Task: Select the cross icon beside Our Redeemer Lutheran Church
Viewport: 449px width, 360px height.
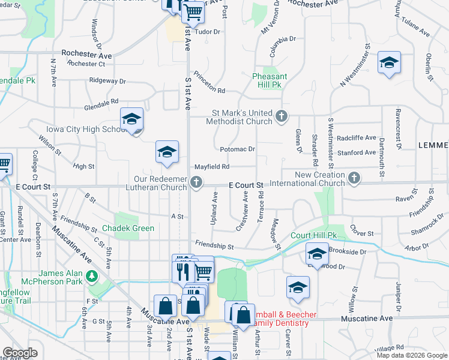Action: (x=196, y=182)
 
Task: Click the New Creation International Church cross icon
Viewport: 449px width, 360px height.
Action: (x=354, y=177)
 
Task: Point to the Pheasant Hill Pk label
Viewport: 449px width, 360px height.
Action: (x=270, y=80)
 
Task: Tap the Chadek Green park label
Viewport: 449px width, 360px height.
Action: (x=128, y=228)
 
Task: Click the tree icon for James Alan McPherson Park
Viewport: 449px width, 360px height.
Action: (x=92, y=276)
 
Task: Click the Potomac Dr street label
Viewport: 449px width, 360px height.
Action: (x=238, y=149)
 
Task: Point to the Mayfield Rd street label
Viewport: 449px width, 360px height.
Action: (x=212, y=167)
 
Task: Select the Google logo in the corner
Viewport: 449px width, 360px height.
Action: (x=20, y=353)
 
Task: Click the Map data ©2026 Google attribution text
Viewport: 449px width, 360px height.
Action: (x=412, y=355)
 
